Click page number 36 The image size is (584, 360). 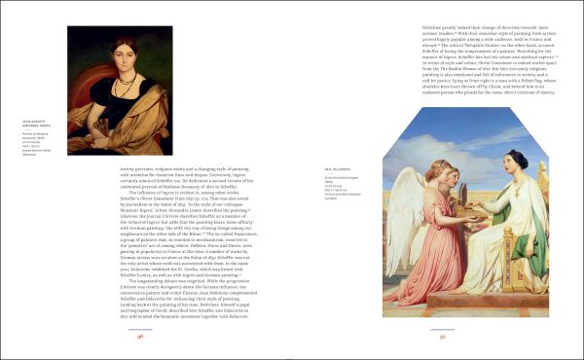click(140, 336)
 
